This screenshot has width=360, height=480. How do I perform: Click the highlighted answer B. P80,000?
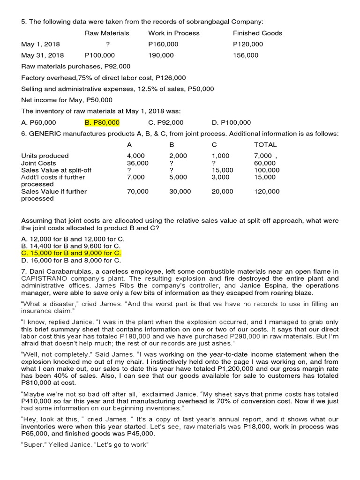pyautogui.click(x=102, y=123)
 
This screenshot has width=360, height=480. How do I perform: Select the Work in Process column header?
pyautogui.click(x=173, y=33)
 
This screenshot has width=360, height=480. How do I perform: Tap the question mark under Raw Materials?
pyautogui.click(x=108, y=45)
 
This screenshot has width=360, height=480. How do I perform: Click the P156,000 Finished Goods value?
pyautogui.click(x=246, y=55)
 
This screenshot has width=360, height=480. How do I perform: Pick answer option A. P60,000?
pyautogui.click(x=38, y=123)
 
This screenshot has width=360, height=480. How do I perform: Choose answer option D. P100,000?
pyautogui.click(x=231, y=123)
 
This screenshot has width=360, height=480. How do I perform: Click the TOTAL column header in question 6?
pyautogui.click(x=265, y=145)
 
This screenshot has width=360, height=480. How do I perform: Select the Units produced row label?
pyautogui.click(x=45, y=156)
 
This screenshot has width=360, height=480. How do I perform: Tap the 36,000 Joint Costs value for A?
pyautogui.click(x=138, y=163)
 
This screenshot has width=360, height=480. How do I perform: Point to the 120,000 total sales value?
pyautogui.click(x=267, y=191)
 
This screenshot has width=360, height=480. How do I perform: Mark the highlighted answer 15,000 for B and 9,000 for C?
pyautogui.click(x=71, y=253)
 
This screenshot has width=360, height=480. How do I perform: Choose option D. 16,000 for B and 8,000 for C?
pyautogui.click(x=71, y=260)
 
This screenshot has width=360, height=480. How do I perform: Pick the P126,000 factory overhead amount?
pyautogui.click(x=171, y=78)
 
